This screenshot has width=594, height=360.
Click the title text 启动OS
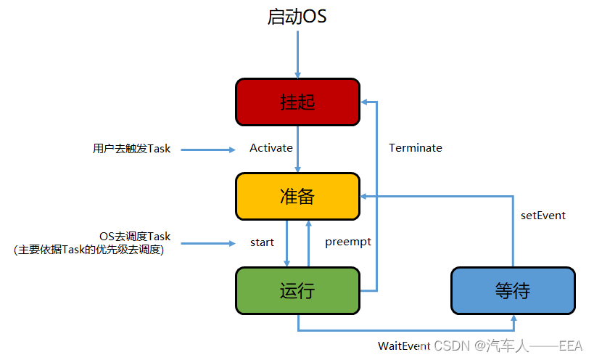pyautogui.click(x=297, y=16)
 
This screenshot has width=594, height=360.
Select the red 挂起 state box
pyautogui.click(x=297, y=102)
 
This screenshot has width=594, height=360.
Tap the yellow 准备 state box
pyautogui.click(x=297, y=196)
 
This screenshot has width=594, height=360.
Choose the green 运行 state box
pyautogui.click(x=297, y=290)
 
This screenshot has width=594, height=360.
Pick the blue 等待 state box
pyautogui.click(x=513, y=290)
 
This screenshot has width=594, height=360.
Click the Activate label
pyautogui.click(x=271, y=148)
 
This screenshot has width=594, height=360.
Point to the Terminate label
pyautogui.click(x=416, y=148)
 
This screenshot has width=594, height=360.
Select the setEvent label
pyautogui.click(x=543, y=216)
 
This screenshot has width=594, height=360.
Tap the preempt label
pyautogui.click(x=348, y=242)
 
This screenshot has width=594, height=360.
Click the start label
pyautogui.click(x=262, y=242)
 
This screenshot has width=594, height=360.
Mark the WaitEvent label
pyautogui.click(x=404, y=346)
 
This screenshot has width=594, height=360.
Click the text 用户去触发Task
pyautogui.click(x=132, y=149)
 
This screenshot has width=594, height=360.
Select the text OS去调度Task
pyautogui.click(x=135, y=237)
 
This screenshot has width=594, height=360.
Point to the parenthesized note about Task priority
pyautogui.click(x=88, y=250)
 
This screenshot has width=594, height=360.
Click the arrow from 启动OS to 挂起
pyautogui.click(x=297, y=54)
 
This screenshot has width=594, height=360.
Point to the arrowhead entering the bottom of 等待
pyautogui.click(x=513, y=318)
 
